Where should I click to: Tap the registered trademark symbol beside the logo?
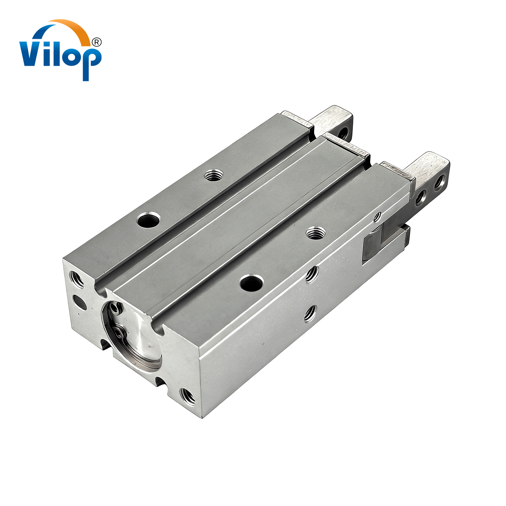pyautogui.click(x=96, y=42)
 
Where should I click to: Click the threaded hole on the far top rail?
pyautogui.click(x=214, y=175)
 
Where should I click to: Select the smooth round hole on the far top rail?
pyautogui.click(x=148, y=220)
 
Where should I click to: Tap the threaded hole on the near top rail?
pyautogui.click(x=316, y=233)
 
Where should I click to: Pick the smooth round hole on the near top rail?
pyautogui.click(x=252, y=283)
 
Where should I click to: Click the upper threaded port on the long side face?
pyautogui.click(x=312, y=274)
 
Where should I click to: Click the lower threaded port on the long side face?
pyautogui.click(x=310, y=314)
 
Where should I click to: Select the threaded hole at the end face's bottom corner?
pyautogui.click(x=188, y=396)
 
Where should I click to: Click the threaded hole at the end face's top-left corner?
pyautogui.click(x=77, y=280)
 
